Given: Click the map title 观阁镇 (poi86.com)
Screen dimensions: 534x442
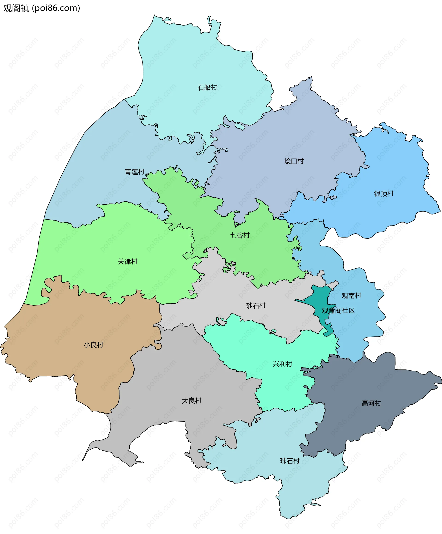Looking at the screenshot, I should coord(42,8).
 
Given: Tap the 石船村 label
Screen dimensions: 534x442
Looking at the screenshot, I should coord(207,87).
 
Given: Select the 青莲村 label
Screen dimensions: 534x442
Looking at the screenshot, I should coord(134,172).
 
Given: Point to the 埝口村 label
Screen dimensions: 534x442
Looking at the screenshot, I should coord(294,161).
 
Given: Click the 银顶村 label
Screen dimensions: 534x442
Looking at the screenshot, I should coord(384,194).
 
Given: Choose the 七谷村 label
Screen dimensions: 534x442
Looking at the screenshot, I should coord(240,235).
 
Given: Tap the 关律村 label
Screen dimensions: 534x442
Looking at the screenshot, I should coord(127,262).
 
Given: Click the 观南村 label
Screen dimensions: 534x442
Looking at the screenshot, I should coord(351,296).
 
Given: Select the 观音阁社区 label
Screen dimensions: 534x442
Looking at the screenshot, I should coord(338,310).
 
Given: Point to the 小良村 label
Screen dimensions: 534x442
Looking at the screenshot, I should coord(93,345).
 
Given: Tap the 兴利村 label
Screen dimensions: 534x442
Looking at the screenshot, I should coord(282,364).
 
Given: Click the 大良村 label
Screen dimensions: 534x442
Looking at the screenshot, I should coord(192,401).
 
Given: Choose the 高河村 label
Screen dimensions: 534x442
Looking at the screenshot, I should coord(371,403).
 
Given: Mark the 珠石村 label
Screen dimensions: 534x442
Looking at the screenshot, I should coord(290,461).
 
